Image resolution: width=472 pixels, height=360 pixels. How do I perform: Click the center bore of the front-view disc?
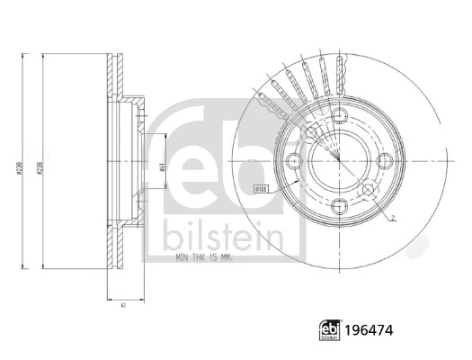(339, 161)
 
